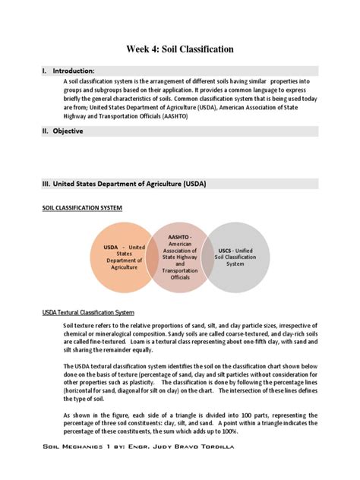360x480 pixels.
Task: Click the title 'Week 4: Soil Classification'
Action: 179,49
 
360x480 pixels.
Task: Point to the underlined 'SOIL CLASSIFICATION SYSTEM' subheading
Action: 82,207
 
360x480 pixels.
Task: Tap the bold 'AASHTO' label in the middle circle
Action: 178,236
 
